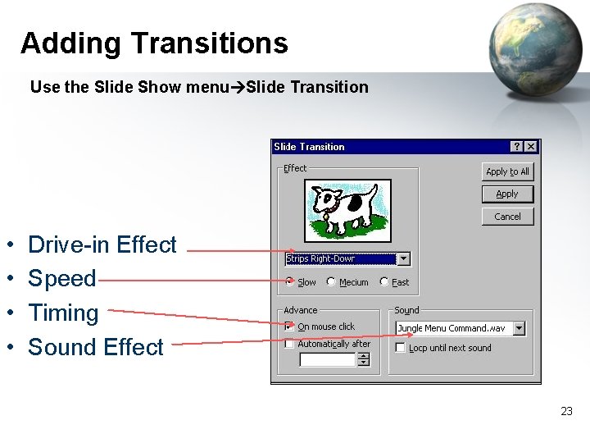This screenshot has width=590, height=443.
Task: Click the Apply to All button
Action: pyautogui.click(x=507, y=171)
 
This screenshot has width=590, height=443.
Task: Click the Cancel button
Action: pyautogui.click(x=507, y=217)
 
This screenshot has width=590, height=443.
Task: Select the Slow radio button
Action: pyautogui.click(x=290, y=281)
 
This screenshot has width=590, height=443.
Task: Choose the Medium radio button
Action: pyautogui.click(x=331, y=281)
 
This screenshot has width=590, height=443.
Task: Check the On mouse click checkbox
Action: pyautogui.click(x=289, y=327)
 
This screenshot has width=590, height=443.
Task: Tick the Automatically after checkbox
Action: pyautogui.click(x=289, y=345)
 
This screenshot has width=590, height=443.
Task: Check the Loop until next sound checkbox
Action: pyautogui.click(x=400, y=348)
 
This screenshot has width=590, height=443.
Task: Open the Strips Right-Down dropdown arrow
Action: pyautogui.click(x=403, y=259)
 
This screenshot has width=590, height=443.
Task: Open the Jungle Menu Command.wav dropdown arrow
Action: pyautogui.click(x=519, y=328)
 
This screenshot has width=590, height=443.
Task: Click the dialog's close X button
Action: pyautogui.click(x=531, y=147)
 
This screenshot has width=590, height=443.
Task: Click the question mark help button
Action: pyautogui.click(x=517, y=147)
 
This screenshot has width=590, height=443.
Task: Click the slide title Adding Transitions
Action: pyautogui.click(x=154, y=43)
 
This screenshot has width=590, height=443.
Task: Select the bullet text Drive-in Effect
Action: pyautogui.click(x=102, y=244)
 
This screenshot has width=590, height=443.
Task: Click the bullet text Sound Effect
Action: pyautogui.click(x=96, y=347)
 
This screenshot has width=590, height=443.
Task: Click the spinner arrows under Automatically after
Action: pyautogui.click(x=364, y=359)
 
